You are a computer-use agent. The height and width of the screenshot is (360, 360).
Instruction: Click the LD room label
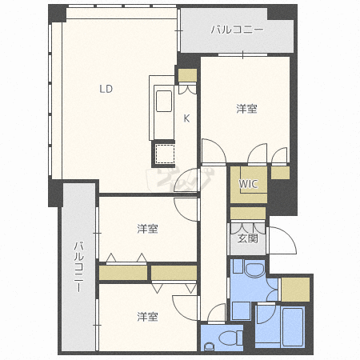[x=106, y=89]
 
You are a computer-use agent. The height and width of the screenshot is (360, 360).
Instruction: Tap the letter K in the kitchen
[x=186, y=118]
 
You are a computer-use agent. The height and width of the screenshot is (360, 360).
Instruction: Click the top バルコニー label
[x=236, y=30]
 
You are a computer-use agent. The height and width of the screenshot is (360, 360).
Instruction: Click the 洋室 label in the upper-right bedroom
[x=246, y=108]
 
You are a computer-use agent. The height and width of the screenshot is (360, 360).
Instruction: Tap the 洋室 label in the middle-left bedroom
[x=147, y=230]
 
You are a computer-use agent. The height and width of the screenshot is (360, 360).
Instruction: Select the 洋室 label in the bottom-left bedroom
[x=146, y=316]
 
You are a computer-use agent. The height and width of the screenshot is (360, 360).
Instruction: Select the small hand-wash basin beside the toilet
[x=210, y=346]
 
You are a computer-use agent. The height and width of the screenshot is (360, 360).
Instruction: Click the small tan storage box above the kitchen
[x=187, y=76]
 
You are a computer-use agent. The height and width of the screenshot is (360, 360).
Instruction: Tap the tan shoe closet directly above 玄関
[x=247, y=214]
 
